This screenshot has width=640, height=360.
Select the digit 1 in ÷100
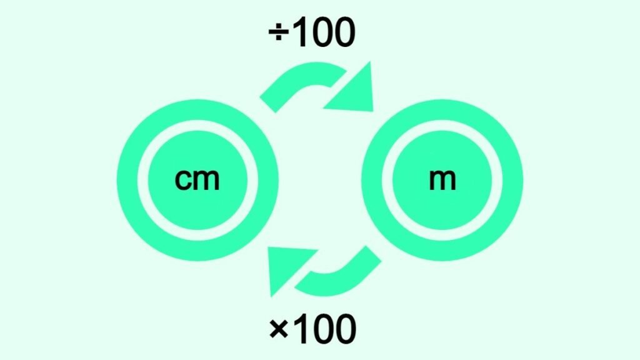[299, 32]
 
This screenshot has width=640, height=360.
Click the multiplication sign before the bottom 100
[279, 329]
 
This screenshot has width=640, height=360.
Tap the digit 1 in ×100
[301, 329]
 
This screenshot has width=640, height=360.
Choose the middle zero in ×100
[322, 329]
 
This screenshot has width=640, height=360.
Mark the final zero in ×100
[345, 329]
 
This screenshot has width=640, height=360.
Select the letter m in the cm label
[206, 179]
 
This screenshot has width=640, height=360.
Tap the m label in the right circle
[442, 179]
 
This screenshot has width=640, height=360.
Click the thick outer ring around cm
[127, 180]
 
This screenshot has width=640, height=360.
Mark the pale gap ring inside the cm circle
[142, 180]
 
